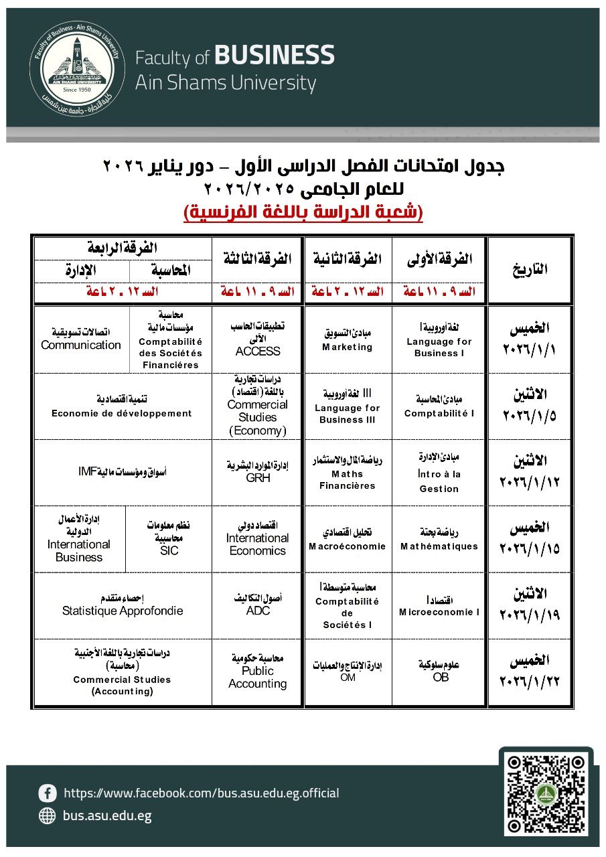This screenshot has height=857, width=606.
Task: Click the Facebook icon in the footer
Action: pos(48,793)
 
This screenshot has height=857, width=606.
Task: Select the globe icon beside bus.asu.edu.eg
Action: pos(48,815)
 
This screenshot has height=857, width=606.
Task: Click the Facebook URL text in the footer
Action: pos(201,793)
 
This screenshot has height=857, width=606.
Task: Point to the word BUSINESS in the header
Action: pos(275,56)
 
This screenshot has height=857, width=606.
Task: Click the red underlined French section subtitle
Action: pos(303,213)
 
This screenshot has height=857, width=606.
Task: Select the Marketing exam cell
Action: pos(348,339)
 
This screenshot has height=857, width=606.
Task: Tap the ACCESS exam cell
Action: pos(258,339)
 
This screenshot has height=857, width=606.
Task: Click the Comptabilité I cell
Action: pos(439,406)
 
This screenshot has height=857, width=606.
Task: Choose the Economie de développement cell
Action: pos(122,406)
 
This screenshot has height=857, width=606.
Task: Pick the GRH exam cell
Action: pos(258,473)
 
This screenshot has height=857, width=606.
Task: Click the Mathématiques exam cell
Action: pos(439,539)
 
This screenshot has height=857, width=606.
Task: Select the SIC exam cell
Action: pos(170,539)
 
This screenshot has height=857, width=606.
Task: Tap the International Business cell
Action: pos(79,539)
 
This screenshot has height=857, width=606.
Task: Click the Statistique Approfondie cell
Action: pos(122,605)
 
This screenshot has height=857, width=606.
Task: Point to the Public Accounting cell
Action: pos(258,672)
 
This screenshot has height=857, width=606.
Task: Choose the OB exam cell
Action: pos(439,672)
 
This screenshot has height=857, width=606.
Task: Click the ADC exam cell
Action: pos(258,605)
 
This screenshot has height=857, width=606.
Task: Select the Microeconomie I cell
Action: pos(439,605)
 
